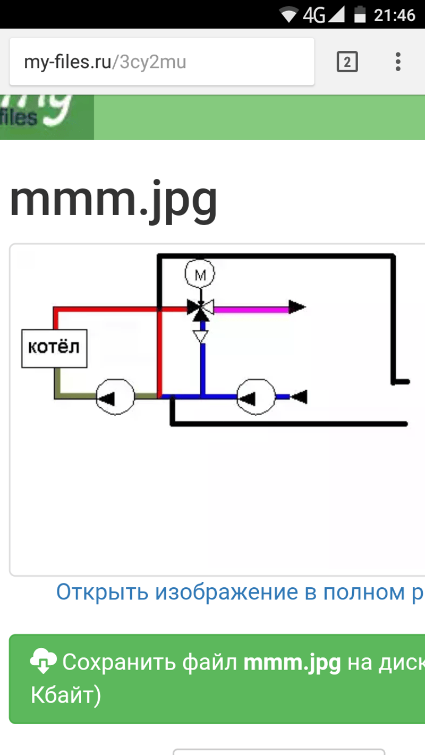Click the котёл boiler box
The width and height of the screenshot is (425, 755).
(x=54, y=348)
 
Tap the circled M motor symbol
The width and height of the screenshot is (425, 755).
(x=200, y=274)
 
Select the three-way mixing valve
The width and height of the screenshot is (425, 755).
(x=200, y=307)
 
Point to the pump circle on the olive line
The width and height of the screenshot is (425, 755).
(x=115, y=397)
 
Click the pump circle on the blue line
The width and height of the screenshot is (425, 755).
(x=256, y=397)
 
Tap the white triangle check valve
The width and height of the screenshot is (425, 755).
(x=200, y=336)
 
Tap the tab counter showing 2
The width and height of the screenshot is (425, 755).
(x=347, y=63)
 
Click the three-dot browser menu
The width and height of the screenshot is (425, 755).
(x=398, y=62)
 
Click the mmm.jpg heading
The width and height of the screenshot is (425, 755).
(x=114, y=200)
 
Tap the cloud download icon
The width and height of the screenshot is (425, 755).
(x=44, y=660)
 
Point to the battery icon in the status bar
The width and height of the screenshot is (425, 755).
(x=360, y=14)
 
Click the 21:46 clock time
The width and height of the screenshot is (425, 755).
(x=394, y=15)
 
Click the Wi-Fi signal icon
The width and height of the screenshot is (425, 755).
(x=289, y=15)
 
